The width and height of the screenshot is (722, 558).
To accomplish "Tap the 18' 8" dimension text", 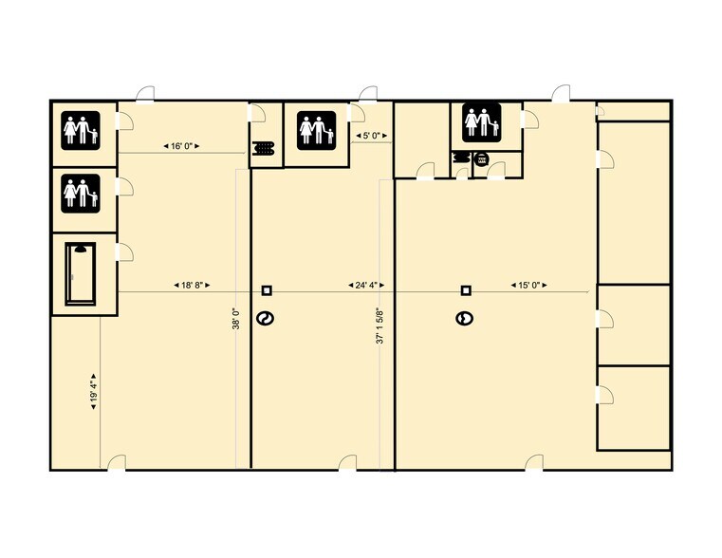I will [191, 285].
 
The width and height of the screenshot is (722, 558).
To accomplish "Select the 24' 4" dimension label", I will [365, 285].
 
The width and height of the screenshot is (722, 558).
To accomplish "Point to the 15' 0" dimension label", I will [528, 285].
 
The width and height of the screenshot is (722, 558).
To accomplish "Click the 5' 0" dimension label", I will [372, 136].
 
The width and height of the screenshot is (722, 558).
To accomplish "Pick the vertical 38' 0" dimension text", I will [236, 319].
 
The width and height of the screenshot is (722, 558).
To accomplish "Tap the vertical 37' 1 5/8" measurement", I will [380, 325].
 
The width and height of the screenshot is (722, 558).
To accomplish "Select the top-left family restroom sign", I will [81, 128].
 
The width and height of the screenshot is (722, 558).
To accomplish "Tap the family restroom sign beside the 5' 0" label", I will [316, 130].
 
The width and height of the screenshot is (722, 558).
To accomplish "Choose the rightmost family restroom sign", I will [482, 122].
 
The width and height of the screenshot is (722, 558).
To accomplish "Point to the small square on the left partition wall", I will [268, 290].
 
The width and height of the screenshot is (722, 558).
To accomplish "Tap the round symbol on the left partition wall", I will [267, 319].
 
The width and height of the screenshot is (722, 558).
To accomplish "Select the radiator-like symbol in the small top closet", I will [265, 148].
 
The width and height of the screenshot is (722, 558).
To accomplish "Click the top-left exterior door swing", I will [144, 93].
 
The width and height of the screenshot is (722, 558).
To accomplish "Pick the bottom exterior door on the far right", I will [535, 462].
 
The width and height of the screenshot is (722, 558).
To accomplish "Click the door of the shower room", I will [124, 251].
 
